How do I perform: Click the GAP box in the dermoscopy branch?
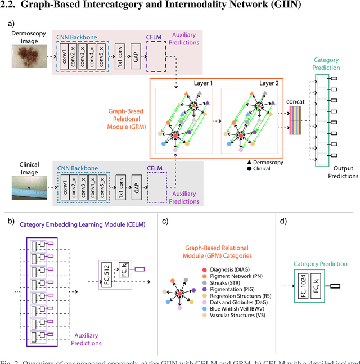coord(135,57)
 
